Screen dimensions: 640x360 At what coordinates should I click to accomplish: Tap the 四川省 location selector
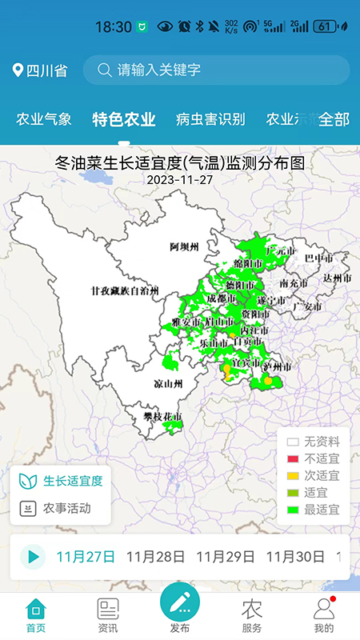point(40,70)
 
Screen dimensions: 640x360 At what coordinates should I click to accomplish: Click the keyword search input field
point(216,70)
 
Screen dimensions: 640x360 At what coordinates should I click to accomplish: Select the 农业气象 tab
point(44,120)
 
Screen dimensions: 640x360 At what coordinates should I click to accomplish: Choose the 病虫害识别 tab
point(210,120)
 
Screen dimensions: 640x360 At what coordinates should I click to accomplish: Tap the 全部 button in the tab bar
point(334,120)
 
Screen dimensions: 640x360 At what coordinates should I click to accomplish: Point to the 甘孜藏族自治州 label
point(125,290)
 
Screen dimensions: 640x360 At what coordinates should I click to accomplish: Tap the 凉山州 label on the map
point(168,384)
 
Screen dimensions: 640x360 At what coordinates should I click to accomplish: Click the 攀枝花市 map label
point(163,418)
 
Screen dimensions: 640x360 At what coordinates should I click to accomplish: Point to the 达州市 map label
point(337,278)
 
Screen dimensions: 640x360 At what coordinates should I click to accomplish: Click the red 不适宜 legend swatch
point(293,459)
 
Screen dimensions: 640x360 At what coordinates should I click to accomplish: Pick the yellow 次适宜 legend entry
point(313,476)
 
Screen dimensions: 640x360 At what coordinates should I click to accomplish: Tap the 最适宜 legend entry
point(313,510)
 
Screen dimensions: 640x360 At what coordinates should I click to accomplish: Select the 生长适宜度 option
point(61,481)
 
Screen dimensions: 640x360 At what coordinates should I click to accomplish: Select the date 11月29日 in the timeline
point(225,557)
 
